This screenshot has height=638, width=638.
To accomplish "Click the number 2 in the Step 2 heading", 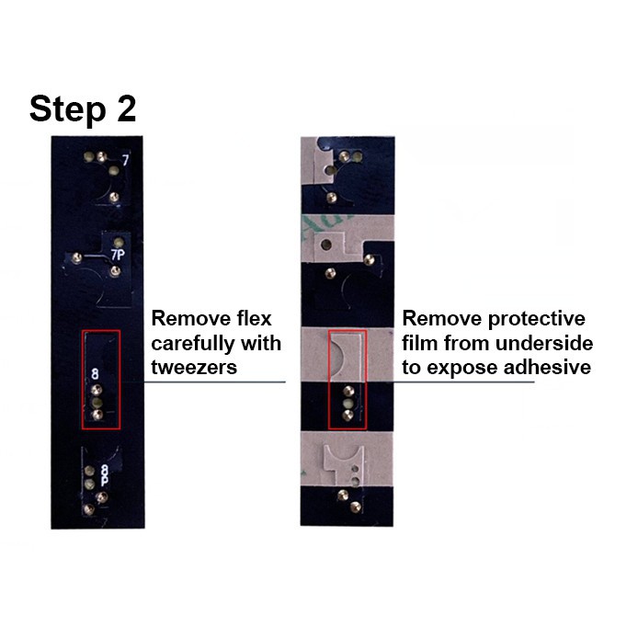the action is click(x=124, y=108).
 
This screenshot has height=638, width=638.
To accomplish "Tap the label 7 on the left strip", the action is click(x=124, y=161).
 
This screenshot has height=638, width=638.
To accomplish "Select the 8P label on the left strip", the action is click(x=104, y=476).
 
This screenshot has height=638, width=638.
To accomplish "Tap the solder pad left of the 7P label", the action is click(x=81, y=256).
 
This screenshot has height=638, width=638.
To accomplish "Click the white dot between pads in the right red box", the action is click(x=347, y=403).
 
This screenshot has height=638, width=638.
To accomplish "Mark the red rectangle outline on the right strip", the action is click(x=329, y=379).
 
